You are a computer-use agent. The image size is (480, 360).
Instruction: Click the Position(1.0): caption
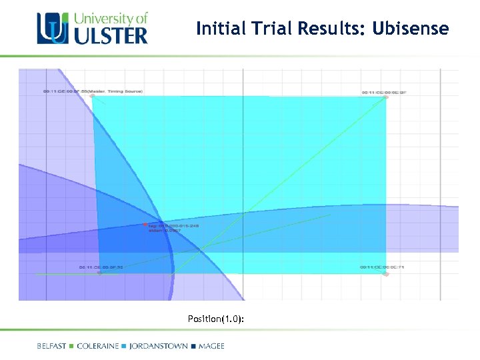[215, 319]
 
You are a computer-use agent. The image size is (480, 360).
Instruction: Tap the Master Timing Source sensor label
[93, 91]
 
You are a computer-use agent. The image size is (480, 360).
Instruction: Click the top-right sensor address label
[383, 93]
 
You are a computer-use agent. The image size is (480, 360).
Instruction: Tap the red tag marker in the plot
[145, 225]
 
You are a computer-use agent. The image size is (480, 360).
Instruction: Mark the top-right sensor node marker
[385, 98]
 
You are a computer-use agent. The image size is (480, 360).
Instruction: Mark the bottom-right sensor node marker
[385, 273]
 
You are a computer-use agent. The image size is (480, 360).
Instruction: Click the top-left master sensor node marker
[93, 97]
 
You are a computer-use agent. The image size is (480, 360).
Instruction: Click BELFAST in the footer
[52, 346]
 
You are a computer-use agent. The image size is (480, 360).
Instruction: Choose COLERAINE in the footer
[98, 346]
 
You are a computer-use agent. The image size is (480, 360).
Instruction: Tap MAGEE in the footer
[211, 346]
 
